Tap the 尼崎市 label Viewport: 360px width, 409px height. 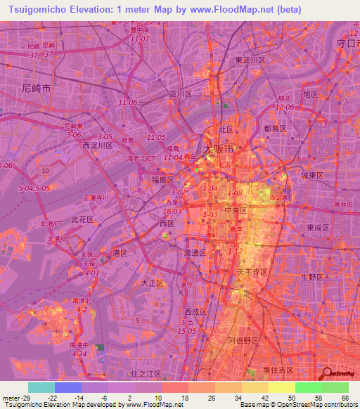click(x=37, y=89)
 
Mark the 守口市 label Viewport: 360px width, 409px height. click(x=345, y=43)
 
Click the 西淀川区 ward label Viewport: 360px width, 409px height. click(x=97, y=145)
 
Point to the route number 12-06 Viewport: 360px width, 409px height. click(x=284, y=107)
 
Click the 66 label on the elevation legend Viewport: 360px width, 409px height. click(x=345, y=398)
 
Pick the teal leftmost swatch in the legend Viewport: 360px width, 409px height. click(x=41, y=387)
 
